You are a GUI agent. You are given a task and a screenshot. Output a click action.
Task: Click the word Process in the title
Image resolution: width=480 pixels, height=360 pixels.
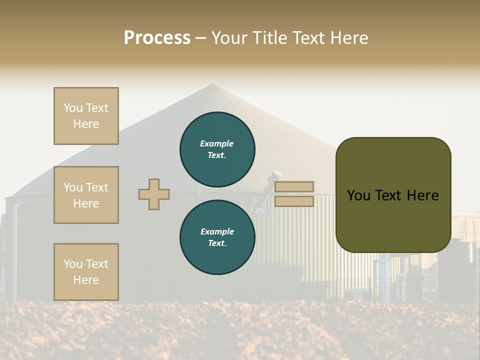click(x=157, y=38)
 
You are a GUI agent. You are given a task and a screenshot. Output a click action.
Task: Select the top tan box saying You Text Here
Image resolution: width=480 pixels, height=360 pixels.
click(x=86, y=116)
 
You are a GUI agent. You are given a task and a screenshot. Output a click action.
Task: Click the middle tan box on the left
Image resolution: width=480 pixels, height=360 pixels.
click(x=86, y=195)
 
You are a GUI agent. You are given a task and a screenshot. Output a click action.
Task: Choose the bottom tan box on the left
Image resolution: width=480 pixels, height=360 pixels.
click(x=86, y=271)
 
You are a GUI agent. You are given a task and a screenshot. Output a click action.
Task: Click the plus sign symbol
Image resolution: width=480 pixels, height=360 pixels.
click(x=154, y=194)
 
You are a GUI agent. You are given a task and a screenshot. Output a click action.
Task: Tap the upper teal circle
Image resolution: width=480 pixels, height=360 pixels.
click(x=217, y=149)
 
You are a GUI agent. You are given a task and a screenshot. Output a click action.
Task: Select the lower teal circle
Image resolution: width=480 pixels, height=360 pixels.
click(x=217, y=237)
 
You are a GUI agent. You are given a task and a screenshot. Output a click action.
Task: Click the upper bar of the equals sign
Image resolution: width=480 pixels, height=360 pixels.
click(x=294, y=187)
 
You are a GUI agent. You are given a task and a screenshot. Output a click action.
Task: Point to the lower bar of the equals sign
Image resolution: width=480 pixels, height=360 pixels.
click(x=294, y=201)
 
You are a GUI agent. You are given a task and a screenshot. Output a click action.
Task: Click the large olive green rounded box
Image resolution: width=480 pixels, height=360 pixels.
click(x=393, y=195)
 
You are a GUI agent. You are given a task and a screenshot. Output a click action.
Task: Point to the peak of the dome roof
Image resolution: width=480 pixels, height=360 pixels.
click(x=213, y=84)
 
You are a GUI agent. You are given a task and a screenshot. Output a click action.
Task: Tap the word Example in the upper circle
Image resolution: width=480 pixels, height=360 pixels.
click(x=217, y=143)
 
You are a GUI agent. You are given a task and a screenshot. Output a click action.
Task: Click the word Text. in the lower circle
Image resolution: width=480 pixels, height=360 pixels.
click(x=217, y=243)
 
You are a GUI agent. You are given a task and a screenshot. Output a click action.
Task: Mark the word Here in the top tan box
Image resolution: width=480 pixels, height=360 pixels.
click(x=86, y=124)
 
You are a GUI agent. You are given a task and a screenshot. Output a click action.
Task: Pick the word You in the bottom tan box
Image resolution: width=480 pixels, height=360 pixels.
click(x=73, y=263)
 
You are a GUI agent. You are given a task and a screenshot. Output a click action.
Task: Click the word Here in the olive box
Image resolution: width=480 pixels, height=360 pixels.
click(x=423, y=195)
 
